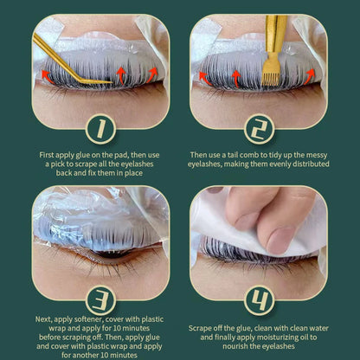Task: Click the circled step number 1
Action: (x=100, y=129)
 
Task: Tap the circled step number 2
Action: (x=259, y=129)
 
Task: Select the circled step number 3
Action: (x=100, y=300)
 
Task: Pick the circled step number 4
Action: (x=259, y=300)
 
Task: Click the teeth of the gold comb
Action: (x=270, y=77)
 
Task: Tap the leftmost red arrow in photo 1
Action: (x=47, y=76)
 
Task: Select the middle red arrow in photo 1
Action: (x=120, y=74)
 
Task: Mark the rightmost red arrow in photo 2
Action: (x=309, y=75)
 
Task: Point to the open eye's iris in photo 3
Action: (x=112, y=254)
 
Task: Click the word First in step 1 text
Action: (x=47, y=155)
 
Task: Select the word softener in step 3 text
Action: (x=88, y=319)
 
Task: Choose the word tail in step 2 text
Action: (x=233, y=155)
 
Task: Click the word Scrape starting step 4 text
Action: (x=200, y=328)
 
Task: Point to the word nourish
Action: (x=235, y=346)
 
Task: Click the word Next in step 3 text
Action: (x=43, y=319)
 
